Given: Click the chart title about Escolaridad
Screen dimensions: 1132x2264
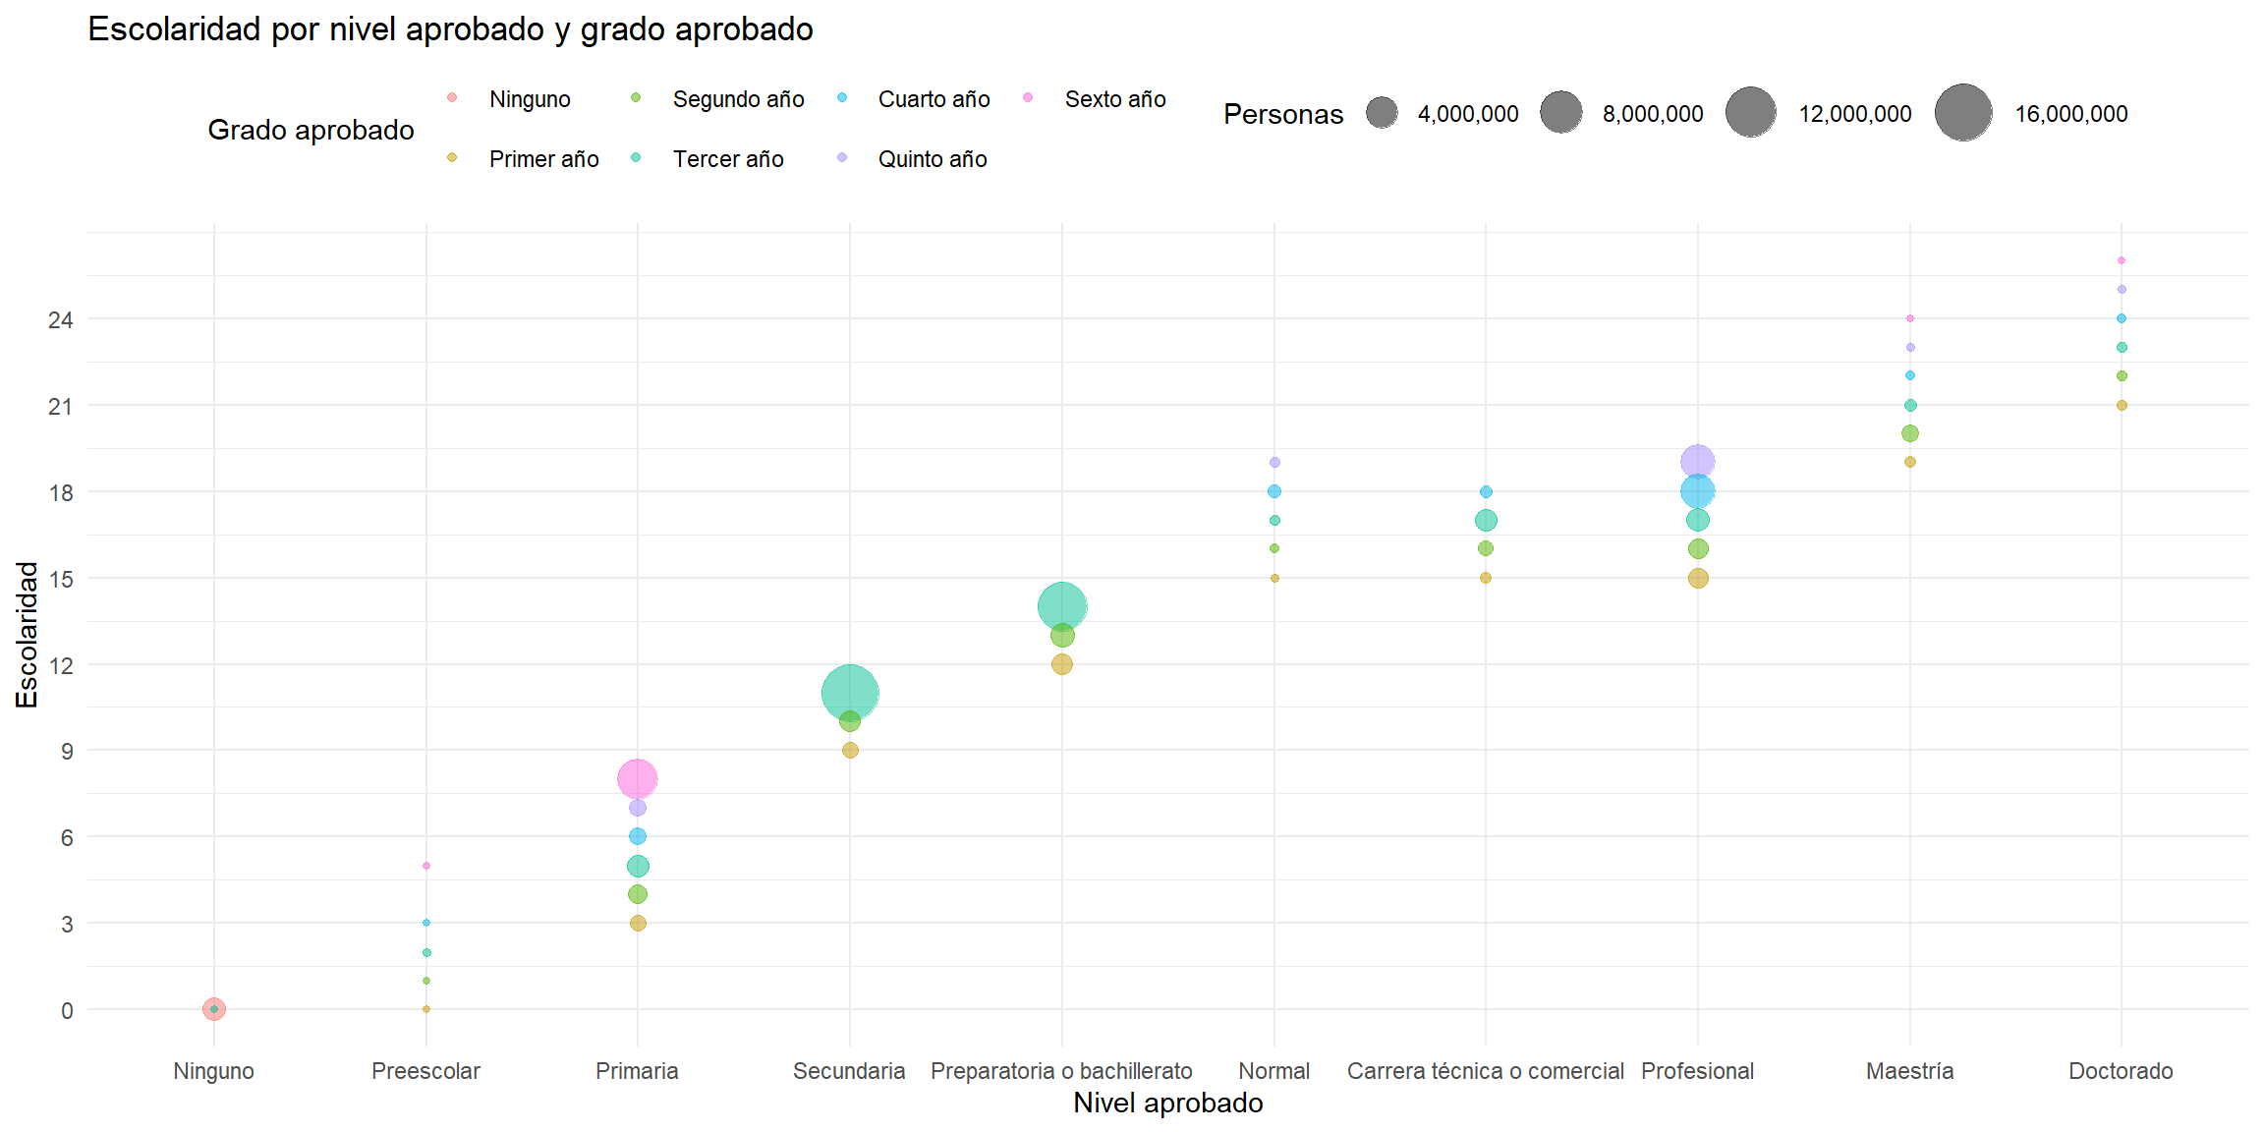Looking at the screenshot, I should (450, 29).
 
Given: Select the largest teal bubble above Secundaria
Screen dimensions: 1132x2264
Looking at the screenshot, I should (850, 693).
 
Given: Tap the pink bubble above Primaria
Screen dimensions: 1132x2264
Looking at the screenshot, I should (638, 779).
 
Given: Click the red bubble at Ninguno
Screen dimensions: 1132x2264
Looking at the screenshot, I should (214, 1009).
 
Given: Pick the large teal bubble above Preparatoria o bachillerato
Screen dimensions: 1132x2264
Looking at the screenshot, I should (1062, 606).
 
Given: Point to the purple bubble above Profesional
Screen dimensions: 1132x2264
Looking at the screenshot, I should (1697, 462).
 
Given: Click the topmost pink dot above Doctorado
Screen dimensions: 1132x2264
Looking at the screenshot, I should (2122, 260).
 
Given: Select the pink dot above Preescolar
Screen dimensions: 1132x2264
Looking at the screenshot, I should (426, 866).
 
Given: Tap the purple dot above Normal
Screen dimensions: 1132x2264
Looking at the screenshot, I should (1274, 462).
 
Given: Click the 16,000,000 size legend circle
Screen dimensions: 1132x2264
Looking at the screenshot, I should (1963, 113).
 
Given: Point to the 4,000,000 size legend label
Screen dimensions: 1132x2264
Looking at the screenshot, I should (1467, 114).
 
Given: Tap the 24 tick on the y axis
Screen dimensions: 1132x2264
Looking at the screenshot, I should (61, 319).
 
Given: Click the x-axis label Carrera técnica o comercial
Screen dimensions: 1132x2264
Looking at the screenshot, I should (1485, 1071).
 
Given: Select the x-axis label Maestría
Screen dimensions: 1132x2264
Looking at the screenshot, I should (1909, 1071).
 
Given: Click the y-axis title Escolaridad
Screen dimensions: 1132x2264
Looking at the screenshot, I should (27, 634).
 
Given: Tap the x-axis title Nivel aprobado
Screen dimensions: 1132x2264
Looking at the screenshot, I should (1167, 1104).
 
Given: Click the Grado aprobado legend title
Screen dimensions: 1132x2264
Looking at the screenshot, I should (311, 130).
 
